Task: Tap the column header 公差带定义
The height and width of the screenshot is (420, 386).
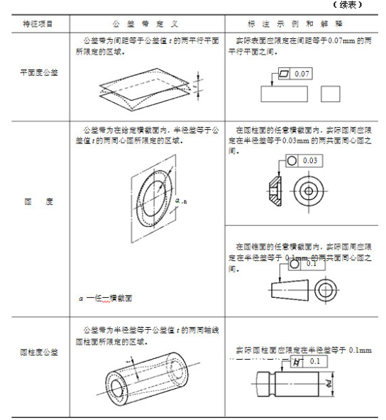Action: coord(147,23)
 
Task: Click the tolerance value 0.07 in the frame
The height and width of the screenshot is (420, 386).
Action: coord(302,74)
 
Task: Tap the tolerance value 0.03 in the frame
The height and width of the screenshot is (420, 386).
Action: coord(309,161)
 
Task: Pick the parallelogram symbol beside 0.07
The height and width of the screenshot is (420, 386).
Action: coord(284,74)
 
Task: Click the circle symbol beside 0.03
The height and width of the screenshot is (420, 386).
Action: coord(292,161)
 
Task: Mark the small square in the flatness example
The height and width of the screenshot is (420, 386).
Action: coord(331,94)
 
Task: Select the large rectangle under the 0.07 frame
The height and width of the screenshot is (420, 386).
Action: coord(283,94)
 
